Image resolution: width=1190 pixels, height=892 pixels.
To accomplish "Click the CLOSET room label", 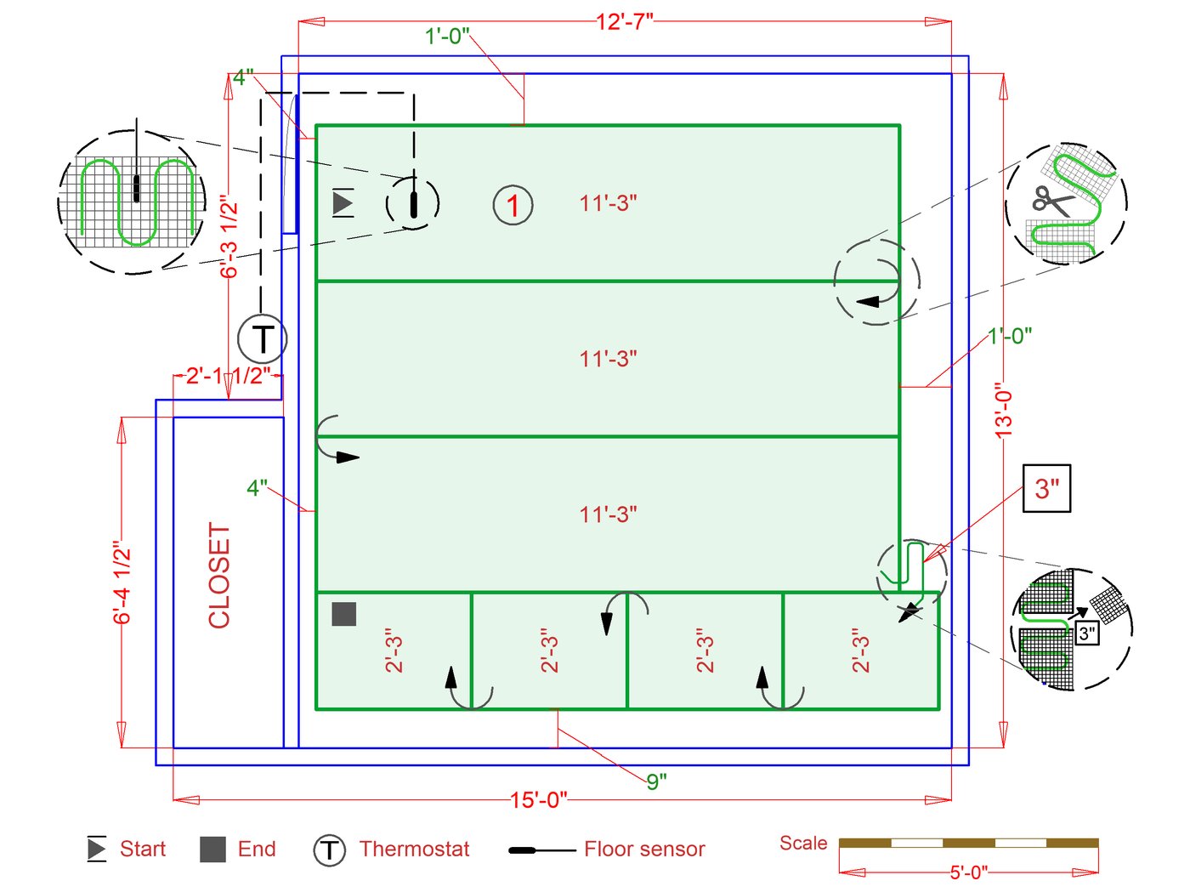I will pyautogui.click(x=219, y=576).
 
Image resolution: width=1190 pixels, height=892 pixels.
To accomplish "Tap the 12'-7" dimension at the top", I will pyautogui.click(x=625, y=21).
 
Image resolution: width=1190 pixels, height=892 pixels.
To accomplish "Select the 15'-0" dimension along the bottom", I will pyautogui.click(x=538, y=800).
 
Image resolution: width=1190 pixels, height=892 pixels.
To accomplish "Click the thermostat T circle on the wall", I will pyautogui.click(x=263, y=339).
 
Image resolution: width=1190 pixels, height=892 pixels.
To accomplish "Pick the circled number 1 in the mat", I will pyautogui.click(x=513, y=205).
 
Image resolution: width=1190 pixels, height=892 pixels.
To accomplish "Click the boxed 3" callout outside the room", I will pyautogui.click(x=1046, y=488).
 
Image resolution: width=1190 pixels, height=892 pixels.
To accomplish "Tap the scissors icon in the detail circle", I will pyautogui.click(x=1052, y=200).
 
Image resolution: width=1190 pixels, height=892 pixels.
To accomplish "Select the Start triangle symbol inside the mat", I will pyautogui.click(x=343, y=203).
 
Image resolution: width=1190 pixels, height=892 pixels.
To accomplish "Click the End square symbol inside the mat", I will pyautogui.click(x=343, y=613).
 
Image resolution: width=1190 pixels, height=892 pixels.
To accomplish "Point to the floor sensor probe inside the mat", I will pyautogui.click(x=414, y=204).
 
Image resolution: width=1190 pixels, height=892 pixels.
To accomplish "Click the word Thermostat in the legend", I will pyautogui.click(x=414, y=849).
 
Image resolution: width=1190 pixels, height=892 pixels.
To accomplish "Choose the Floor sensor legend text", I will pyautogui.click(x=644, y=849).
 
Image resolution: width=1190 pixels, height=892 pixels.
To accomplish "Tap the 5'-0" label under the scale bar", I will pyautogui.click(x=968, y=872).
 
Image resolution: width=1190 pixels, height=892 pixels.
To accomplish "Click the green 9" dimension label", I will pyautogui.click(x=656, y=781).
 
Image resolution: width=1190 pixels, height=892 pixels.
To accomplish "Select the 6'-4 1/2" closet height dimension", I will pyautogui.click(x=122, y=582).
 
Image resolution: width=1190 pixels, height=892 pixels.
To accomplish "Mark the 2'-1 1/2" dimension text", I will pyautogui.click(x=228, y=376).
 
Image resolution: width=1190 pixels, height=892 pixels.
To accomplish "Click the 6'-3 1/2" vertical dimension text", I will pyautogui.click(x=229, y=236).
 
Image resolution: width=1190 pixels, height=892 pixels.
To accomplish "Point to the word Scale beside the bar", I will pyautogui.click(x=803, y=843).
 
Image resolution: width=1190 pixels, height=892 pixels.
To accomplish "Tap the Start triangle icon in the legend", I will pyautogui.click(x=97, y=849).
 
